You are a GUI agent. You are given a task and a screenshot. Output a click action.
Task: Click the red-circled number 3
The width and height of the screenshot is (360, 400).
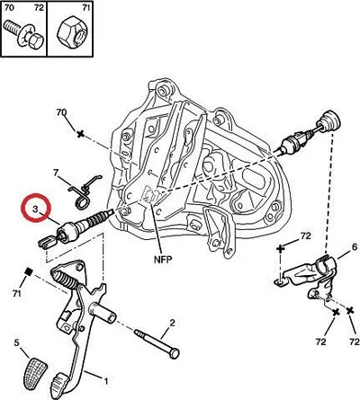[x=35, y=209]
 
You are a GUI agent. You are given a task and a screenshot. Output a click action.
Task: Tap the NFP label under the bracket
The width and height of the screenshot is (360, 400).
[x=163, y=259]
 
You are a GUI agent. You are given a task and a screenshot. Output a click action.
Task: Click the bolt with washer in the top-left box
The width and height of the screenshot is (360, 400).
[x=24, y=35]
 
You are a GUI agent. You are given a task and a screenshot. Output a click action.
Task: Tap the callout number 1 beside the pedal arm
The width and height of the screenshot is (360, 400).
[x=105, y=381]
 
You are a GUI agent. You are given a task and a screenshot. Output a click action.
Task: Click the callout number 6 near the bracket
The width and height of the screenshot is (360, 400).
[x=355, y=247]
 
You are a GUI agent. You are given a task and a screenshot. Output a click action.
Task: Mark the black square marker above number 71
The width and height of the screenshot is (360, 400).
[x=29, y=271]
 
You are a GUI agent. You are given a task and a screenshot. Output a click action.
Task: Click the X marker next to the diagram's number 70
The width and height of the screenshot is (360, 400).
[x=80, y=134]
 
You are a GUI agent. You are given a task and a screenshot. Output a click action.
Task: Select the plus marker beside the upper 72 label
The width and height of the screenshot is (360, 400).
[x=280, y=248]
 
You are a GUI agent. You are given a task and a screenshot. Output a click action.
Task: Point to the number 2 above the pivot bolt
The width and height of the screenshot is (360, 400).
[x=172, y=323]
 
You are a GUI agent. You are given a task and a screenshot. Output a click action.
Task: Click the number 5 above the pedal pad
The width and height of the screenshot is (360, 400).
[x=16, y=342]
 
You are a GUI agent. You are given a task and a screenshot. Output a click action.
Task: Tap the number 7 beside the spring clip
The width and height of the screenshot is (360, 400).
[x=55, y=173]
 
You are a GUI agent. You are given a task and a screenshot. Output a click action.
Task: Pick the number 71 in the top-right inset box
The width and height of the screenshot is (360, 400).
[x=85, y=7]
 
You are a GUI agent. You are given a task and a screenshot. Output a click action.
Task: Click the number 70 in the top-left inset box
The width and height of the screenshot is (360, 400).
[x=9, y=7]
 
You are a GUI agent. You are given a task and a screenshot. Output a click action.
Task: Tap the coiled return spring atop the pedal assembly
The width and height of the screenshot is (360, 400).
[x=65, y=280]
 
